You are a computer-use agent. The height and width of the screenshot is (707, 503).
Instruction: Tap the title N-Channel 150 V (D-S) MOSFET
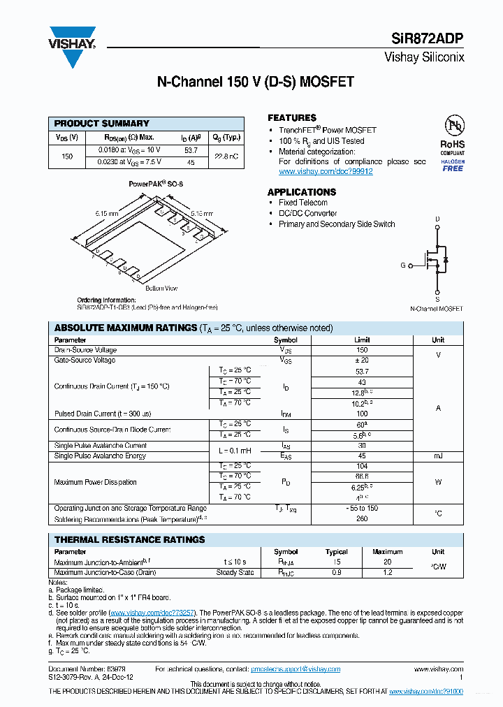click(x=254, y=82)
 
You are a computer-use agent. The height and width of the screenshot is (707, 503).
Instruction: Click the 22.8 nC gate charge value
click(x=226, y=156)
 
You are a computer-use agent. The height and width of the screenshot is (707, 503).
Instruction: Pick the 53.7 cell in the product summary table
click(x=191, y=150)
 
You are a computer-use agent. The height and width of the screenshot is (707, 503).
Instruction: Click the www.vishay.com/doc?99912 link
click(x=326, y=171)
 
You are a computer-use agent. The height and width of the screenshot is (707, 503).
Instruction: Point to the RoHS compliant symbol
click(x=453, y=136)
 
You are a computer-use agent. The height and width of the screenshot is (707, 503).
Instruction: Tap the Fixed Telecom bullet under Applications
click(x=302, y=203)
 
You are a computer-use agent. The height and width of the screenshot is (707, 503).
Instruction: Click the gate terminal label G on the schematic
click(x=402, y=265)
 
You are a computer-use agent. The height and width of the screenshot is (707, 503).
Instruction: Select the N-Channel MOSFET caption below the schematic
click(x=436, y=308)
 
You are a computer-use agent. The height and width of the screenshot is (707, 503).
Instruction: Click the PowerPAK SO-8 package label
click(x=156, y=184)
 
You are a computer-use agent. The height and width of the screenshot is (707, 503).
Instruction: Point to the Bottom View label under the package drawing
click(x=161, y=288)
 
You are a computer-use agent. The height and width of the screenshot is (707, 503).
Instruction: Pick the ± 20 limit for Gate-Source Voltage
click(x=361, y=360)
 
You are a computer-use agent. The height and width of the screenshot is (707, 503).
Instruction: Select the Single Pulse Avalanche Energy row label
click(x=100, y=456)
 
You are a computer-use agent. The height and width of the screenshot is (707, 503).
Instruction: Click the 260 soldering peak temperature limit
click(x=361, y=519)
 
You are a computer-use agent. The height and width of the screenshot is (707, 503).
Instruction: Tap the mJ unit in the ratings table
click(x=437, y=456)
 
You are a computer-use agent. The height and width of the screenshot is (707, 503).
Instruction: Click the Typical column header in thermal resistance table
click(x=337, y=551)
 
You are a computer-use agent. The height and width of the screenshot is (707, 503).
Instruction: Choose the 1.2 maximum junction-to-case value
click(x=387, y=572)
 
